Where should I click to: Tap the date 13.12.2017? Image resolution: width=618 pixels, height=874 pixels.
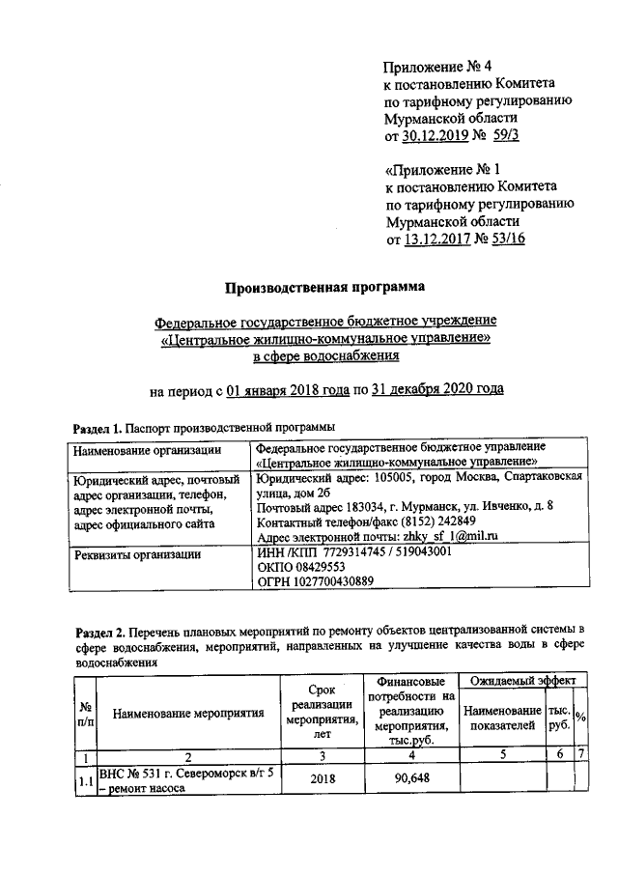[x=439, y=238]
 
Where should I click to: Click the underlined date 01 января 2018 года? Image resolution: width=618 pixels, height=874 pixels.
[x=285, y=391]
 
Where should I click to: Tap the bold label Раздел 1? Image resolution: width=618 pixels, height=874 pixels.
[x=97, y=427]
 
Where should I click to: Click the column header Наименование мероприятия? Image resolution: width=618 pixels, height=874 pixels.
[x=188, y=715]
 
